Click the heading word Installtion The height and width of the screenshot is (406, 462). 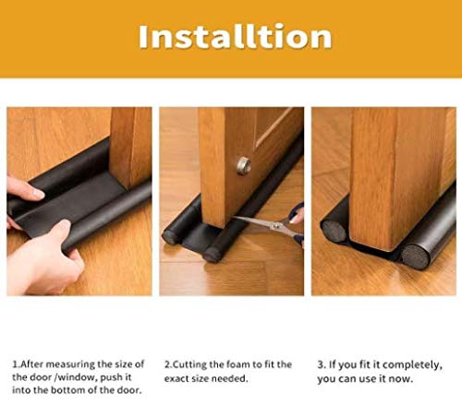click(234, 36)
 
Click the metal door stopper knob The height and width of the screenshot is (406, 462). click(243, 166)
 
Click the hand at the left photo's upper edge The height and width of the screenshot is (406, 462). click(22, 191)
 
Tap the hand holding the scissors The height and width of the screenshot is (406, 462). click(297, 221)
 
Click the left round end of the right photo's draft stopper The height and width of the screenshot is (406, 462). click(334, 228)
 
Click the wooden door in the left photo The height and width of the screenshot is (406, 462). click(129, 148)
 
